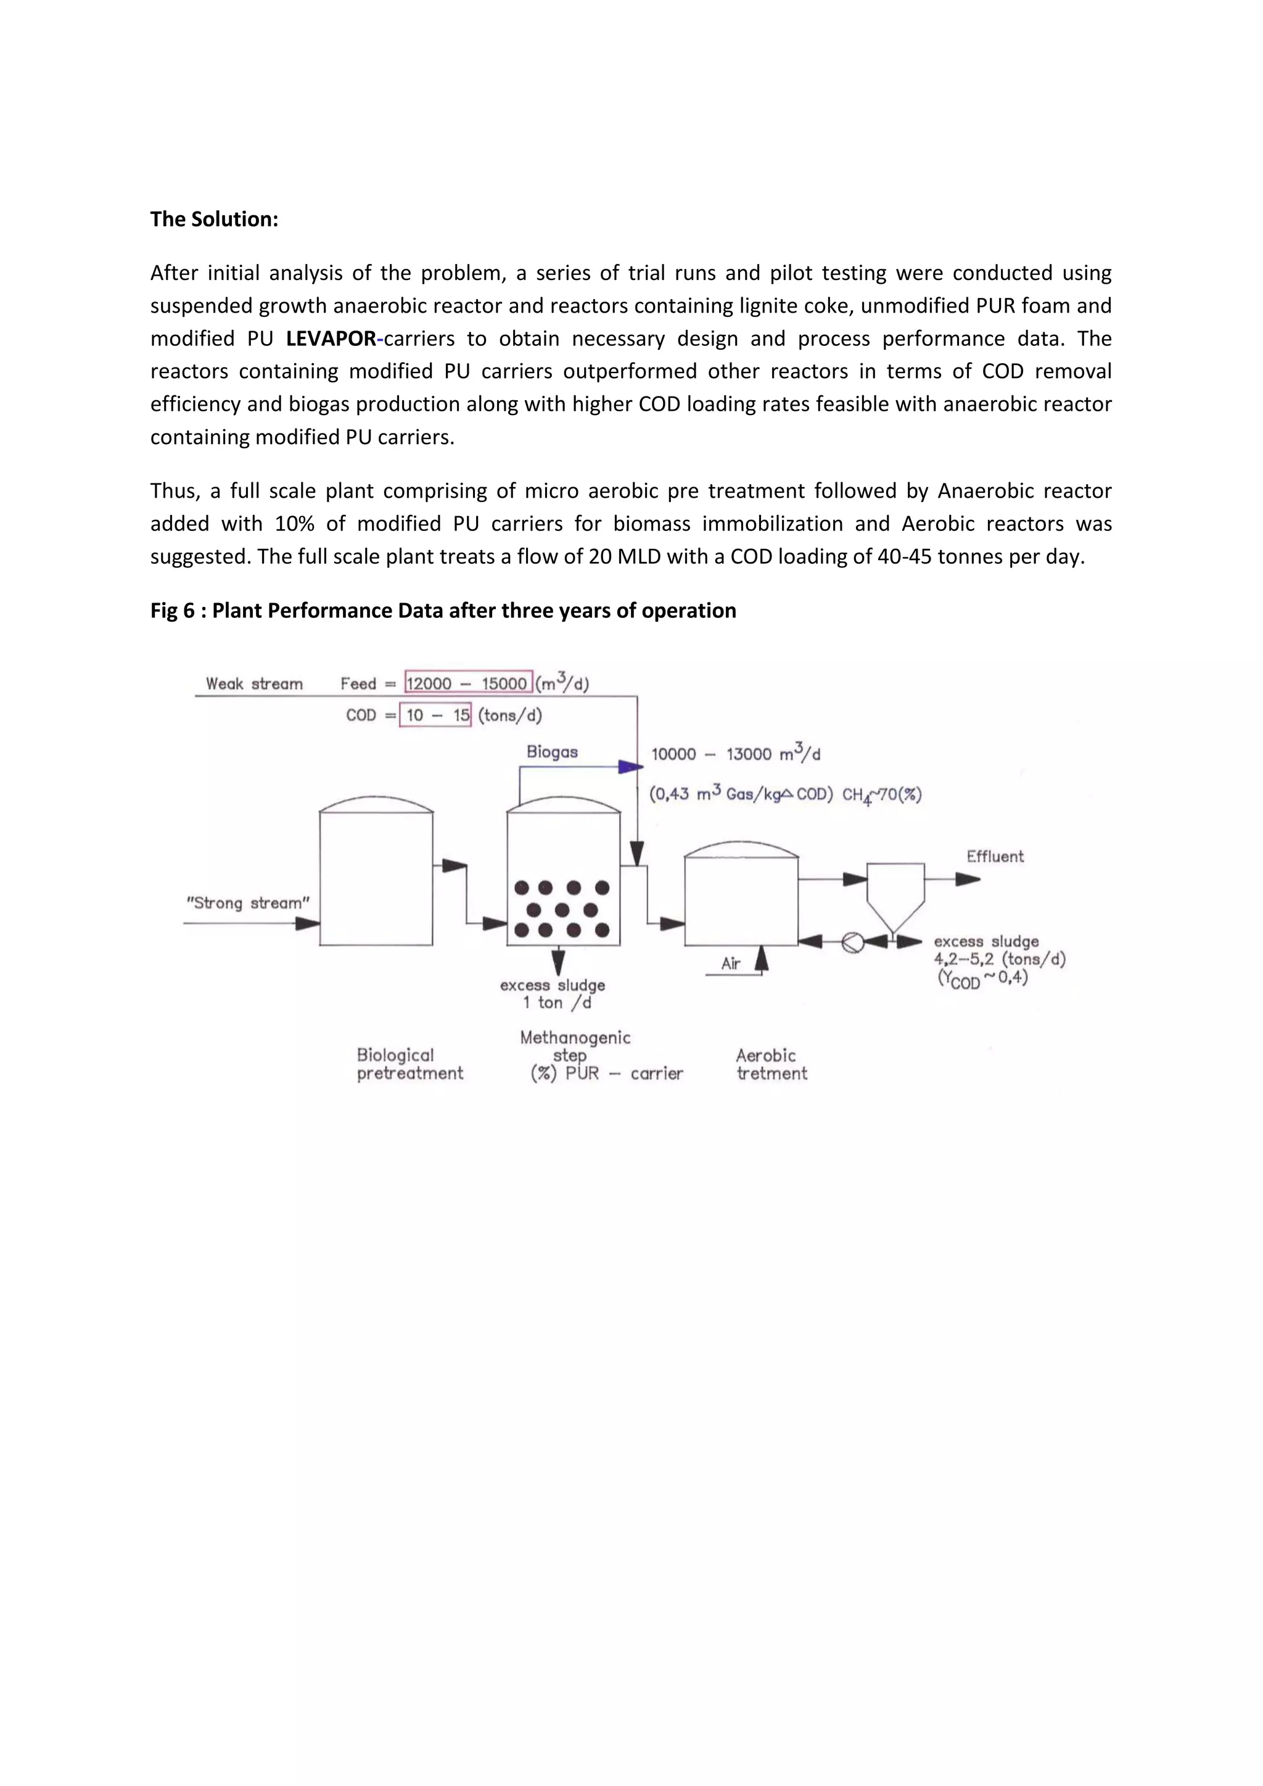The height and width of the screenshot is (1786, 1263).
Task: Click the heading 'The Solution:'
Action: coord(214,220)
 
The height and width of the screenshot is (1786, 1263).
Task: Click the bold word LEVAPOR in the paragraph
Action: coord(331,339)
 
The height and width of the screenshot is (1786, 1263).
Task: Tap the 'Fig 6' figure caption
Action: coord(443,611)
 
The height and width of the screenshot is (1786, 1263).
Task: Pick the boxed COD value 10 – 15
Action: coord(435,715)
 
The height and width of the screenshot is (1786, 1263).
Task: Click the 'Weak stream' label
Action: coord(253,684)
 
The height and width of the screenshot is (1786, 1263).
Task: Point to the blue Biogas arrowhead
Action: coord(630,767)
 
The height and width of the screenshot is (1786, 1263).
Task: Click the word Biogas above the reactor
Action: coord(551,751)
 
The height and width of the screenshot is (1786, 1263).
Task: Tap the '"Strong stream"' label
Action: coord(247,903)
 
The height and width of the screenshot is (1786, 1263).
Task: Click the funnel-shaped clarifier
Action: coord(895,895)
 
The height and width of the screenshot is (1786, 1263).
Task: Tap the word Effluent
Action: coord(995,857)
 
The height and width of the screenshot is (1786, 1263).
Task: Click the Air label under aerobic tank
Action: coord(730,964)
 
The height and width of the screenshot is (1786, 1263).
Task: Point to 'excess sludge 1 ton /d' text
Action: coord(553,994)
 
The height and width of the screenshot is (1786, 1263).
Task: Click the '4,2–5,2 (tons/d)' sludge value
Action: coord(998,959)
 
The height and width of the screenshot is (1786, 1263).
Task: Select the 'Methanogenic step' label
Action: coord(575,1045)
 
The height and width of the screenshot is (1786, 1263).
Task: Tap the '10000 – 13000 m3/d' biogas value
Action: coord(735,754)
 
